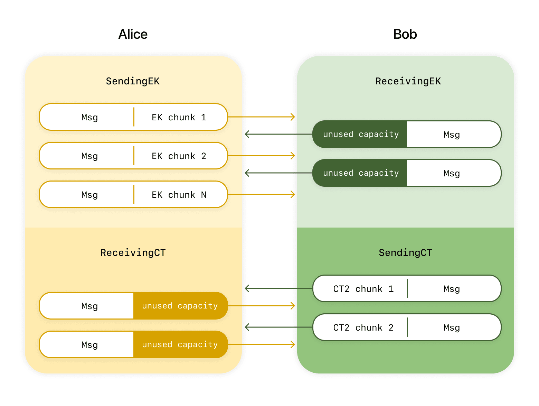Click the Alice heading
[133, 34]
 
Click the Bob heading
[405, 34]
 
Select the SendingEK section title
[133, 81]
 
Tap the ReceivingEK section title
[408, 81]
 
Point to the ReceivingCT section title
[133, 253]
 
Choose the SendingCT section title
[405, 253]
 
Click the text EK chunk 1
[179, 118]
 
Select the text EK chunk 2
[179, 156]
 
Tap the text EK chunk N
[179, 195]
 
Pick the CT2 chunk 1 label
[363, 289]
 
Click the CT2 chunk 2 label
[363, 328]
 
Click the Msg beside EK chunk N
[89, 195]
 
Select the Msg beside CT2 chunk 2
[452, 328]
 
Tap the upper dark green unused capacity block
[360, 135]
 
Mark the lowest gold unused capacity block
[180, 345]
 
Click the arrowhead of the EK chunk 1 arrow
[293, 117]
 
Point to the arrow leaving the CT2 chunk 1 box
[276, 288]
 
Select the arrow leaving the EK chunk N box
[261, 194]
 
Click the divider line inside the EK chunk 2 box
[134, 156]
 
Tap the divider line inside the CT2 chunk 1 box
[407, 288]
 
